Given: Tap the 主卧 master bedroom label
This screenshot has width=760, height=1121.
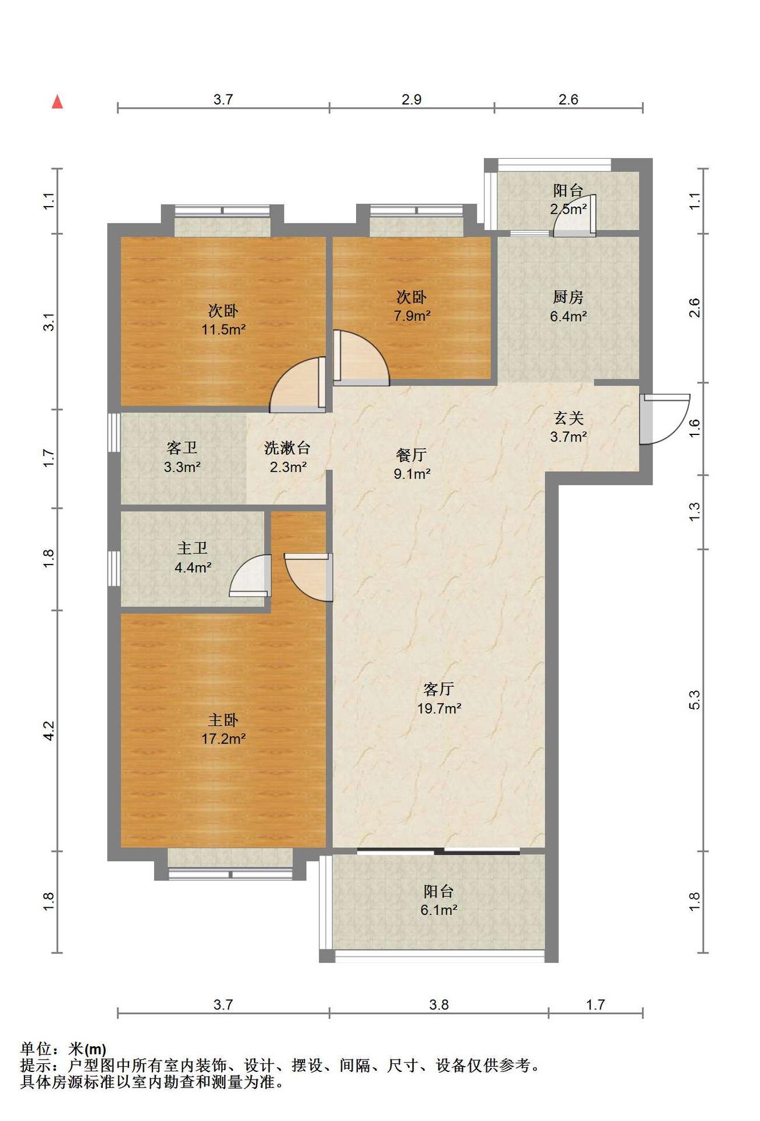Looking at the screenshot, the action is click(223, 720).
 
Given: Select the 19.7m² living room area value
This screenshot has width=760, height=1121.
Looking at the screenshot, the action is click(439, 708).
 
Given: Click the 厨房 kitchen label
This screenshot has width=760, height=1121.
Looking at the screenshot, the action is click(568, 297).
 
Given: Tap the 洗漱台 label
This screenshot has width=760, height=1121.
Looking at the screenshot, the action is click(287, 448).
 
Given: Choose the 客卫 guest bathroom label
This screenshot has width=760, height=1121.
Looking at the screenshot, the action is click(182, 448).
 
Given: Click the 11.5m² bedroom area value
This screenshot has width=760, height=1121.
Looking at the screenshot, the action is click(223, 329).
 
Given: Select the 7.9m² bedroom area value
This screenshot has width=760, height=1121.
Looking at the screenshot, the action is click(412, 316).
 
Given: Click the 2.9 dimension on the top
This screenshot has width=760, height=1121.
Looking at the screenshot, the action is click(412, 100).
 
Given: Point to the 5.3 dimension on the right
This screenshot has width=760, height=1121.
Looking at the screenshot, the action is click(694, 700).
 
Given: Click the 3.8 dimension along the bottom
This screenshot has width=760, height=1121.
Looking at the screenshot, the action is click(439, 1005).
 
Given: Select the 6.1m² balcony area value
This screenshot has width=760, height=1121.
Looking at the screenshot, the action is click(439, 910).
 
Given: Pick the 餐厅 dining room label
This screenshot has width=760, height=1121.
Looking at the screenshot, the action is click(412, 455).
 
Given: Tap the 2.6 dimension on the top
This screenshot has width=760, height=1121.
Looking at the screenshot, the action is click(568, 100).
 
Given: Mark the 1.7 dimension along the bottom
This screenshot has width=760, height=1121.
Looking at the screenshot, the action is click(595, 1005).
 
